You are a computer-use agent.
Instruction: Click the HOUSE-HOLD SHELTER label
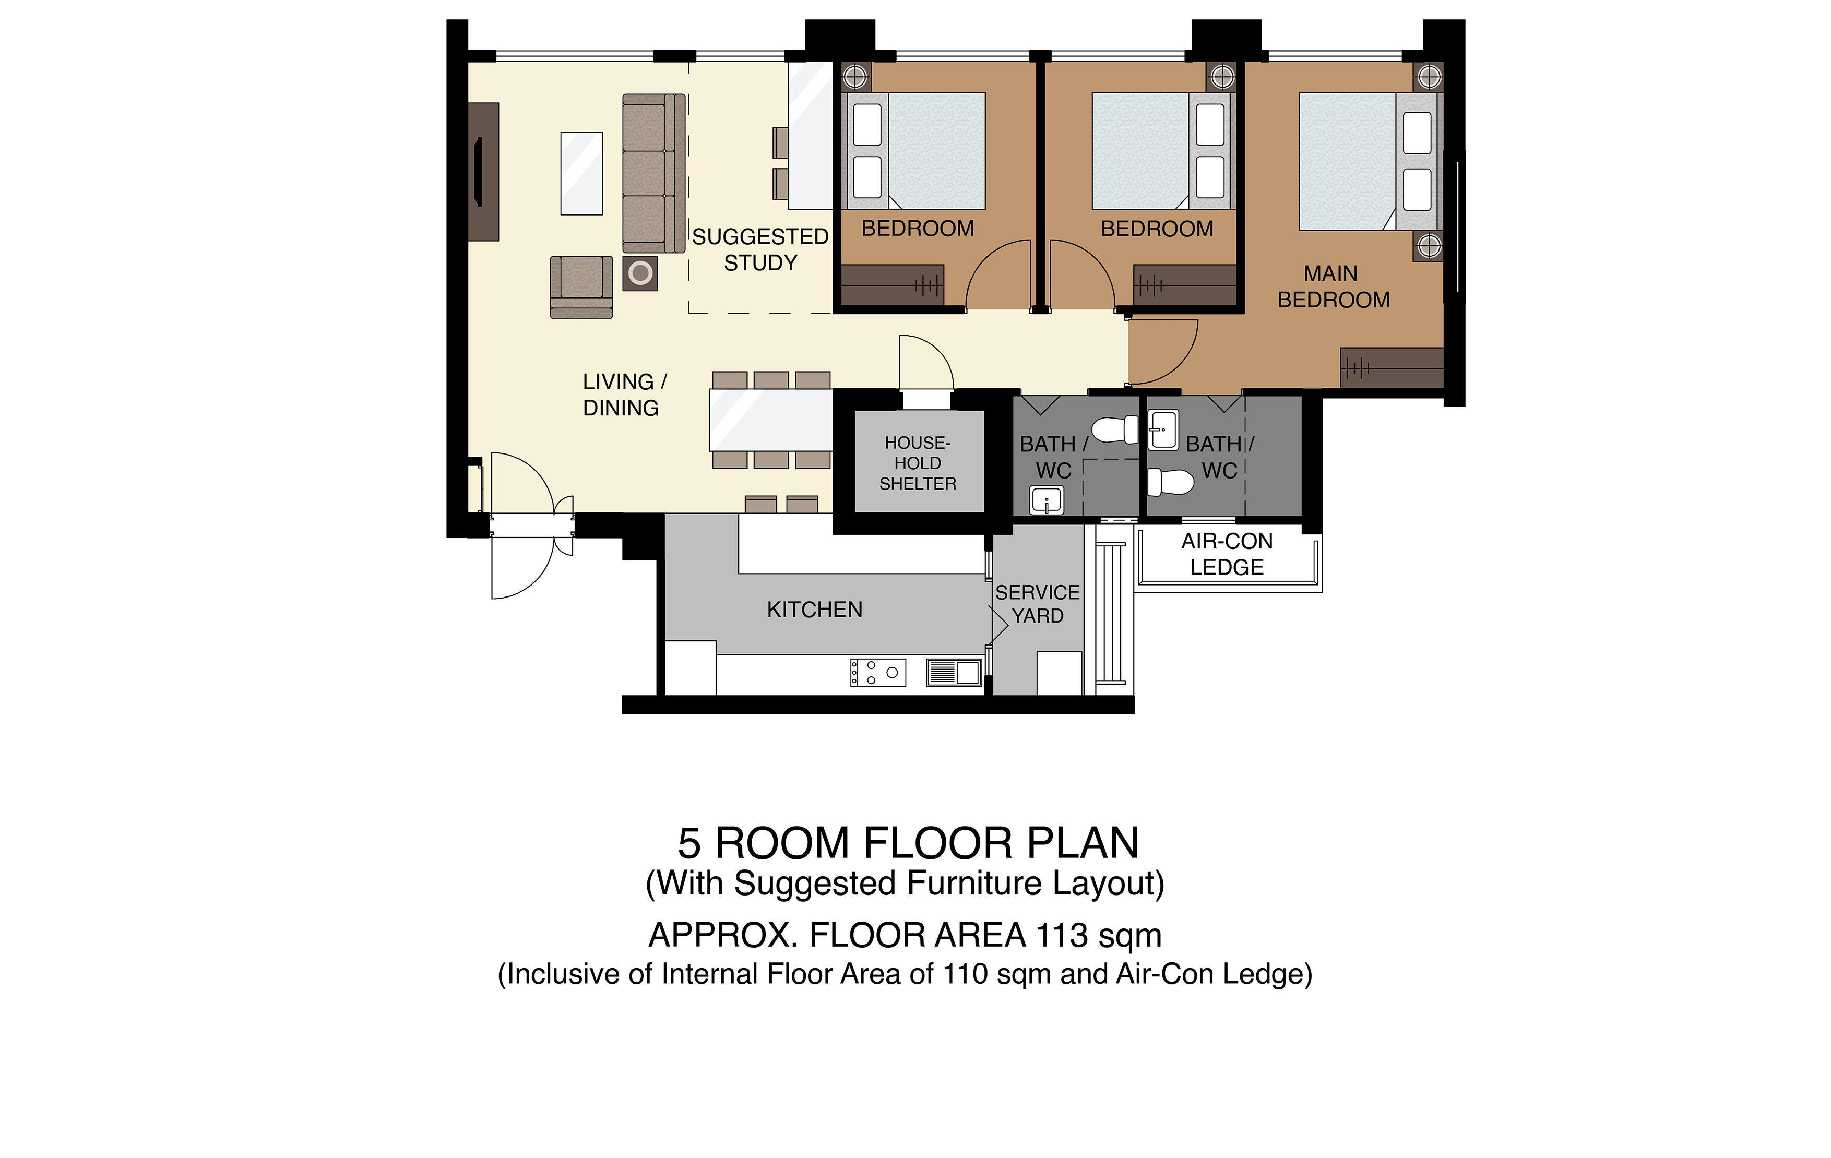pos(918,463)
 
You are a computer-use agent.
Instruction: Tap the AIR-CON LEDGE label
pos(1227,554)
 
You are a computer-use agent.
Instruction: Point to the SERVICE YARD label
pos(1037,604)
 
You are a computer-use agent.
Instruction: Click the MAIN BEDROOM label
pos(1333,286)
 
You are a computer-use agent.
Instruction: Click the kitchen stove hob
pos(877,672)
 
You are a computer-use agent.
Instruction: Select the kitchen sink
pos(954,672)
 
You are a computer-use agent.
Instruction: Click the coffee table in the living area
pos(581,173)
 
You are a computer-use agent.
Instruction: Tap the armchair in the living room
pos(581,286)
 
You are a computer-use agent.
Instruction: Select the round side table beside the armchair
pos(640,273)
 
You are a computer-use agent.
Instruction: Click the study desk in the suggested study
pos(811,135)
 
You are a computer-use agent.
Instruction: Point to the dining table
pos(771,420)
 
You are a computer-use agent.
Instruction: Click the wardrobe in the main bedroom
pos(1392,368)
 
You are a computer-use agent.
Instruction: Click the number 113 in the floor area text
pos(1062,935)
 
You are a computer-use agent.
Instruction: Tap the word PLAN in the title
pos(1083,843)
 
